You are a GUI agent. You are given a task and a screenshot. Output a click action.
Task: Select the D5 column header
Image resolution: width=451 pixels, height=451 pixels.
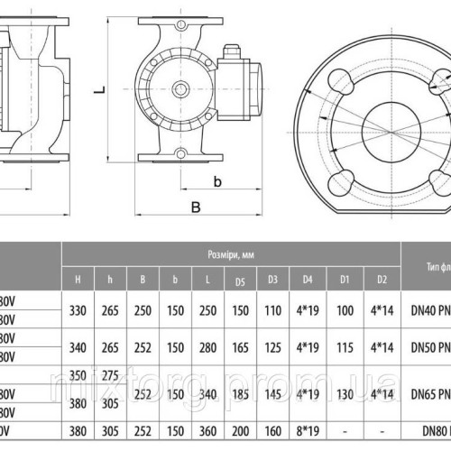(240, 281)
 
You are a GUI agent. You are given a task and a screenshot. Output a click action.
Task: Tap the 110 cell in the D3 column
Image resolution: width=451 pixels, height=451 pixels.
(271, 310)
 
